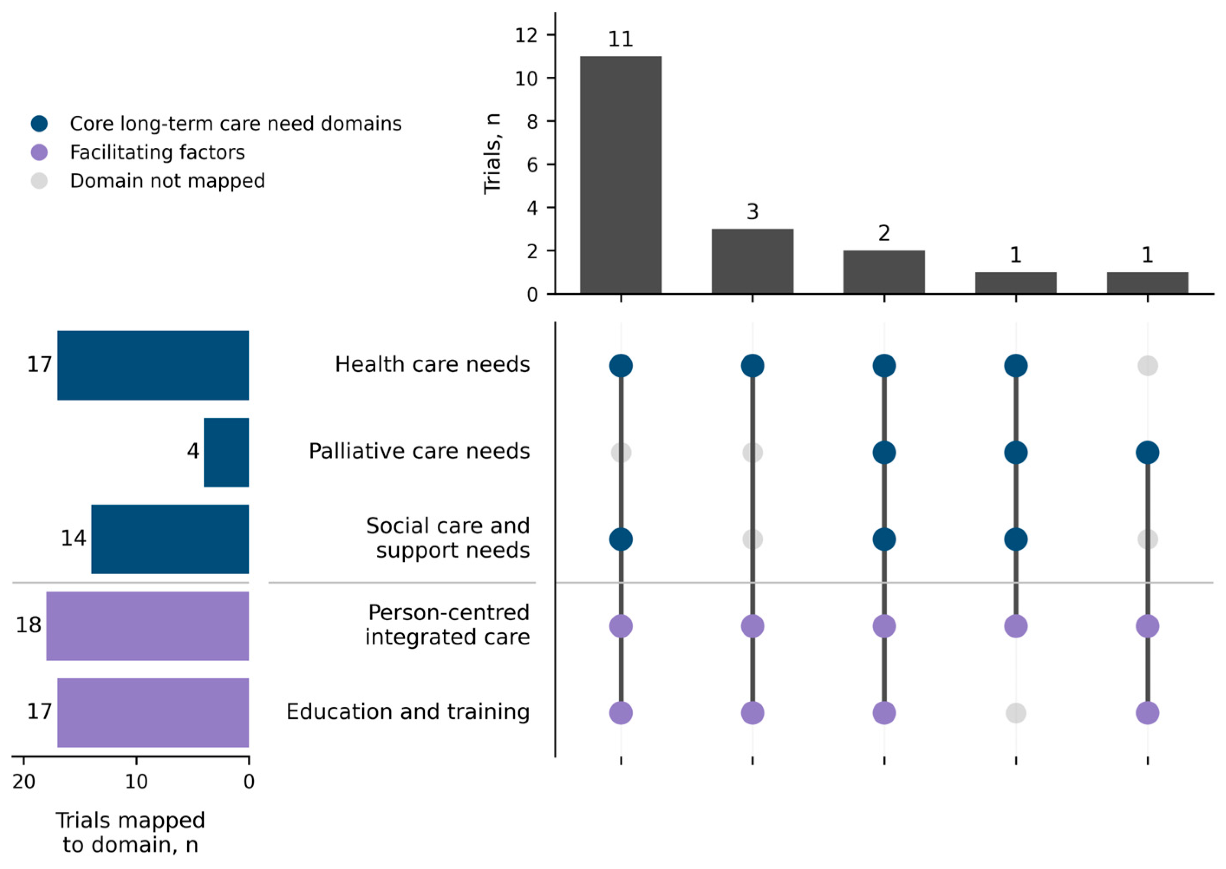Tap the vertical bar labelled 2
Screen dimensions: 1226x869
tap(884, 272)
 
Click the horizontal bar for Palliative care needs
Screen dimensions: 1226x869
tap(226, 452)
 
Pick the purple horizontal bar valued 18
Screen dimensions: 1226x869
tap(148, 625)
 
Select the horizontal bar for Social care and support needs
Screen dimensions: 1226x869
tap(170, 539)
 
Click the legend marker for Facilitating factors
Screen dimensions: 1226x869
tap(39, 153)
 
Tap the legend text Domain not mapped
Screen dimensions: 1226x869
tap(167, 181)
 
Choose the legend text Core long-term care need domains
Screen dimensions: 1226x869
tap(236, 124)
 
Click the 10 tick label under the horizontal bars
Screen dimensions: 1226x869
tap(137, 782)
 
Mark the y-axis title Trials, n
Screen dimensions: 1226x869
tap(492, 154)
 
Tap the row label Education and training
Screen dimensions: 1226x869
tap(408, 712)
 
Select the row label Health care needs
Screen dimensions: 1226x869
tap(432, 365)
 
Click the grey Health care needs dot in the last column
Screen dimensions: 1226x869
tap(1148, 366)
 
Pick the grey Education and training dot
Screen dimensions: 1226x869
tap(1016, 713)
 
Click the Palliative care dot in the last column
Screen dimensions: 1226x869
tap(1148, 452)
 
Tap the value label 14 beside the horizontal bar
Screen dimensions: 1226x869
tap(73, 538)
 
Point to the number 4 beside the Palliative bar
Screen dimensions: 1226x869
tap(193, 452)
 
